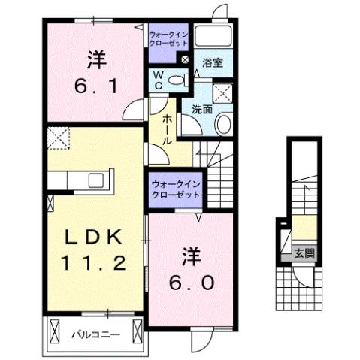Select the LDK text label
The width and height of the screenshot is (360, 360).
click(92, 237)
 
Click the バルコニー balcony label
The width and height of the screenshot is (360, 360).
click(95, 332)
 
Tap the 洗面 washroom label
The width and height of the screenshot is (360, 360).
click(201, 109)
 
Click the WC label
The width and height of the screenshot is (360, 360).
click(159, 80)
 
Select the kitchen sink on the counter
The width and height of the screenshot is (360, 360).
click(95, 180)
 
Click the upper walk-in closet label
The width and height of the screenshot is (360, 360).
click(168, 39)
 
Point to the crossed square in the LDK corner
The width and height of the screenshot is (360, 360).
click(57, 138)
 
